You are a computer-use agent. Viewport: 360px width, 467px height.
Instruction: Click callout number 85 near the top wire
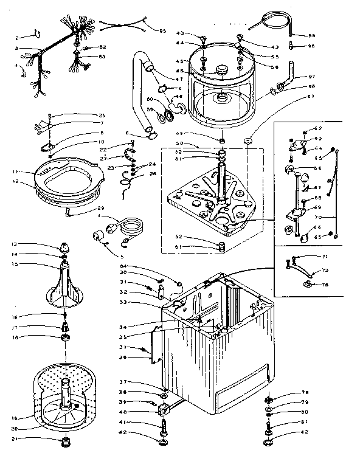(162, 31)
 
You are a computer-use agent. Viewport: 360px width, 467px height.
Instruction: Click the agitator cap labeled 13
(64, 247)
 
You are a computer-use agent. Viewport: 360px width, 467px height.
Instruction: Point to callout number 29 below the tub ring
(102, 209)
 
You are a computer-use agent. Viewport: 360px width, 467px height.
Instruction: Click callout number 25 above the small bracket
(102, 116)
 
